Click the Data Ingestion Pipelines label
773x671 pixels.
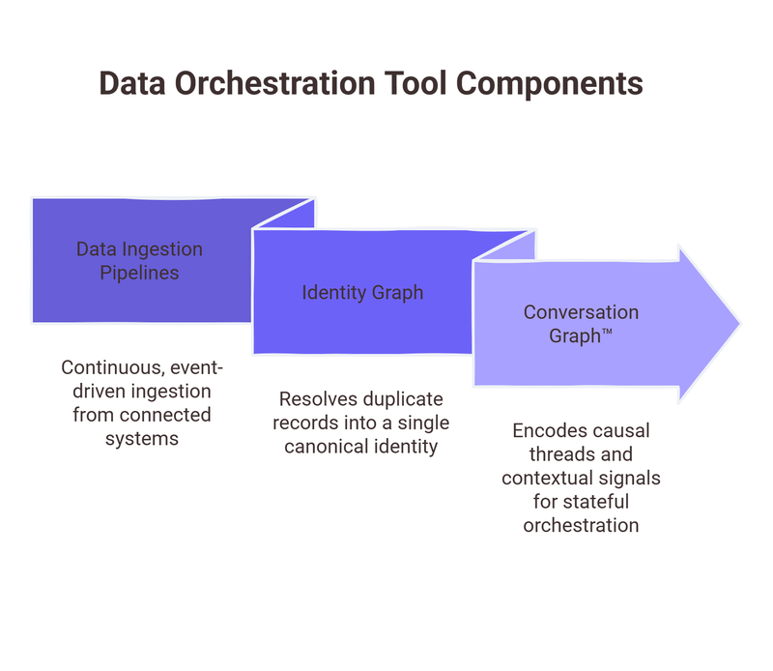140,261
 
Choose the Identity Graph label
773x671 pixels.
362,292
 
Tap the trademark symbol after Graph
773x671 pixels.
606,332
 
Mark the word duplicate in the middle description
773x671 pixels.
396,399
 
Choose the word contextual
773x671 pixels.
549,478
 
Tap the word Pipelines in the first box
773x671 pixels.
140,273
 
